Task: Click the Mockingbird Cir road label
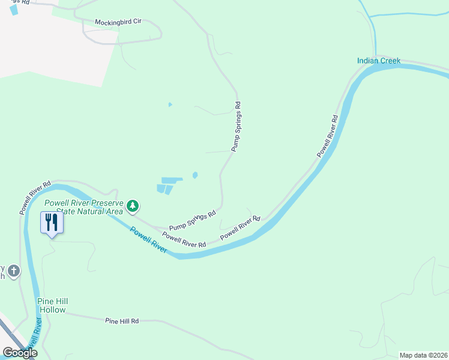pyautogui.click(x=118, y=22)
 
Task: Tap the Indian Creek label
pyautogui.click(x=378, y=61)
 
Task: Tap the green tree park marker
pyautogui.click(x=133, y=207)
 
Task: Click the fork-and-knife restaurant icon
pyautogui.click(x=51, y=223)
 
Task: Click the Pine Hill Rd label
pyautogui.click(x=122, y=322)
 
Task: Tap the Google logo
pyautogui.click(x=20, y=353)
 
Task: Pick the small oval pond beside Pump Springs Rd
pyautogui.click(x=194, y=175)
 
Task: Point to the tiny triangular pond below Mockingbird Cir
pyautogui.click(x=170, y=105)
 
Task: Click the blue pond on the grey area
pyautogui.click(x=14, y=10)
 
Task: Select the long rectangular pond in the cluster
pyautogui.click(x=172, y=180)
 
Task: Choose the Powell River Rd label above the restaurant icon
pyautogui.click(x=35, y=196)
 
